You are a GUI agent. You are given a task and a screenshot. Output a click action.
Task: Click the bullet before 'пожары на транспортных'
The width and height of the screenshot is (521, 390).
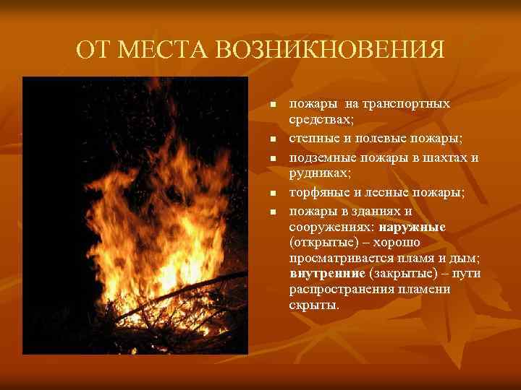pos(274,105)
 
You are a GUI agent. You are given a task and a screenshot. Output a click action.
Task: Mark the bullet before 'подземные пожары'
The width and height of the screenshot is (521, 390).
pos(274,157)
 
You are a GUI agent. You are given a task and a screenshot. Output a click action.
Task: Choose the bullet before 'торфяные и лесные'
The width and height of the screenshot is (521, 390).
pos(274,194)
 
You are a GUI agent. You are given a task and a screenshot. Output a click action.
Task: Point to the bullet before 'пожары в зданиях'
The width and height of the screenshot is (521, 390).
pos(274,212)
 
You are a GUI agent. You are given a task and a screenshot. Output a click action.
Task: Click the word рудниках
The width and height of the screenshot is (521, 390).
pos(318,173)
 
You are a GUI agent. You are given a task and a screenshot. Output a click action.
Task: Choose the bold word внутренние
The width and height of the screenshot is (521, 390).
pos(326,274)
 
